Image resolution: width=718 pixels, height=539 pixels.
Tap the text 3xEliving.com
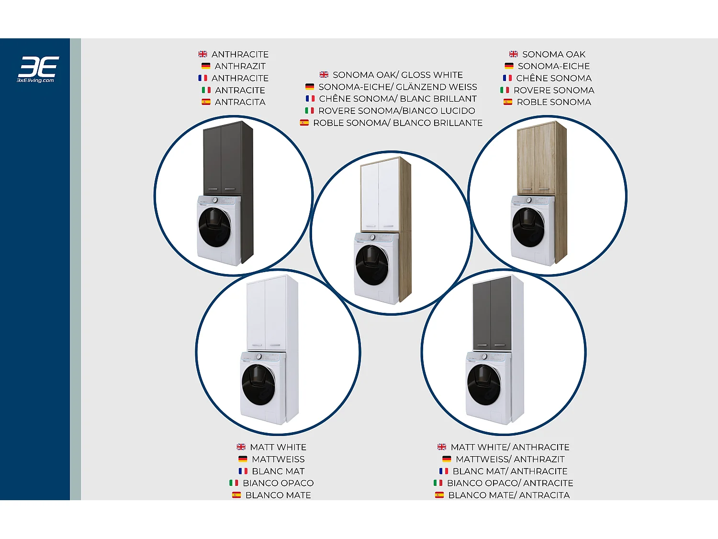[35, 80]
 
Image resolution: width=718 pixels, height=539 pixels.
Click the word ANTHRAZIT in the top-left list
[240, 66]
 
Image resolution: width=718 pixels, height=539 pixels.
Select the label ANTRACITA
[240, 102]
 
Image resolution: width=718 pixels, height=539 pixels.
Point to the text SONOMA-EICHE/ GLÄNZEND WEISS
[398, 87]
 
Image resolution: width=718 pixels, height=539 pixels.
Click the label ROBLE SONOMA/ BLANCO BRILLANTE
[398, 123]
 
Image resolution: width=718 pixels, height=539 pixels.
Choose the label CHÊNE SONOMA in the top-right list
[554, 78]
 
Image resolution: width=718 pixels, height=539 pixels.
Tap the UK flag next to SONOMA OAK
[514, 54]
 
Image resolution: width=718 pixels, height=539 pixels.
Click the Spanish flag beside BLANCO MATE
[236, 495]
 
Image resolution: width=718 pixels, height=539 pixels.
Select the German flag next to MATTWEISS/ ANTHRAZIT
[447, 459]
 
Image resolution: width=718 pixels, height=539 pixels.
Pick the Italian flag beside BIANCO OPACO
[234, 483]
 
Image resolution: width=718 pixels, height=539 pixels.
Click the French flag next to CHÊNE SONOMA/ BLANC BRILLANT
[310, 99]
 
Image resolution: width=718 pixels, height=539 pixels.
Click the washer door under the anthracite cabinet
[214, 227]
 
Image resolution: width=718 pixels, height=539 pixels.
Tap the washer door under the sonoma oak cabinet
[528, 227]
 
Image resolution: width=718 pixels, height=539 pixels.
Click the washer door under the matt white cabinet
[258, 385]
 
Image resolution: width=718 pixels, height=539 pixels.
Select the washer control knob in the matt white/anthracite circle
[484, 357]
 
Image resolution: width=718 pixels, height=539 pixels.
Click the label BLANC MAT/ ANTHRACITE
[510, 471]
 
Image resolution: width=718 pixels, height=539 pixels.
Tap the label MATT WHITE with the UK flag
[278, 447]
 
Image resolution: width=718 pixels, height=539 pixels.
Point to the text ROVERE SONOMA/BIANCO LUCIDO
[397, 111]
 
